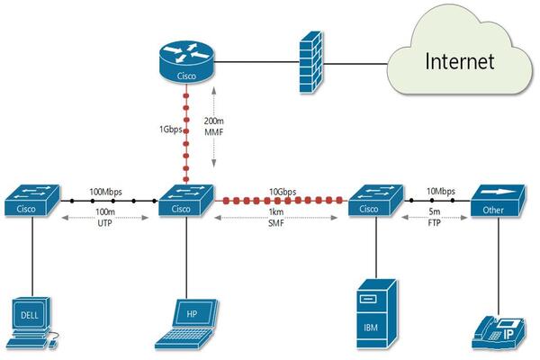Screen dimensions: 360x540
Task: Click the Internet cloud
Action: click(459, 61)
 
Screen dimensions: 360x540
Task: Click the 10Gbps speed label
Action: click(283, 192)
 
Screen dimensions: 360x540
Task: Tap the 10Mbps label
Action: click(438, 191)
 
